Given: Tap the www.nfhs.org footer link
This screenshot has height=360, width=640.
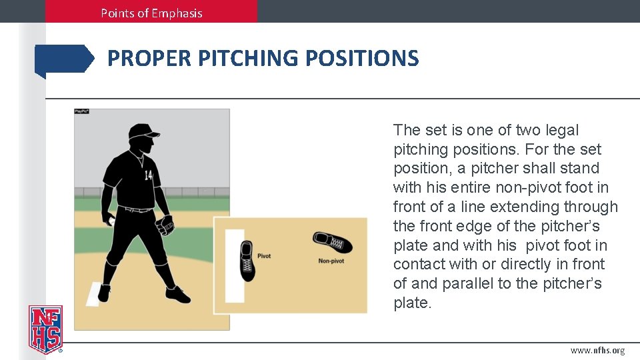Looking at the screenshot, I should (597, 351).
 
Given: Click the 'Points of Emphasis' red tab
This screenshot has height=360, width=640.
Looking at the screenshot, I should (151, 12).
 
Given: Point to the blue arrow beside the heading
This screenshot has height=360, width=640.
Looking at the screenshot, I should (65, 59).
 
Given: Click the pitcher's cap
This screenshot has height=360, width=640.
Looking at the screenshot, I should (143, 131).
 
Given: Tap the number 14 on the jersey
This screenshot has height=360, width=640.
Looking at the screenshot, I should (148, 175).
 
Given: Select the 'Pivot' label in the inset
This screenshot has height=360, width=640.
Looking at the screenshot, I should (264, 256).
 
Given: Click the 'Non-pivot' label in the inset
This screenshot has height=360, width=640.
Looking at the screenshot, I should (331, 261).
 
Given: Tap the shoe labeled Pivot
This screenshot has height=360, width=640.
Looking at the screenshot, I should (247, 261).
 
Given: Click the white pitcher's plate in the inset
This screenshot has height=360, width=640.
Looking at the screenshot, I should (235, 265).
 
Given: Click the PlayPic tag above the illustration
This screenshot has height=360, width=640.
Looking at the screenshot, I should (81, 111).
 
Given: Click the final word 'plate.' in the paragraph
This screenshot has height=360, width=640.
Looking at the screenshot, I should (413, 303).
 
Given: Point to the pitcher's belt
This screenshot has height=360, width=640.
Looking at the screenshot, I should (139, 210).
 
